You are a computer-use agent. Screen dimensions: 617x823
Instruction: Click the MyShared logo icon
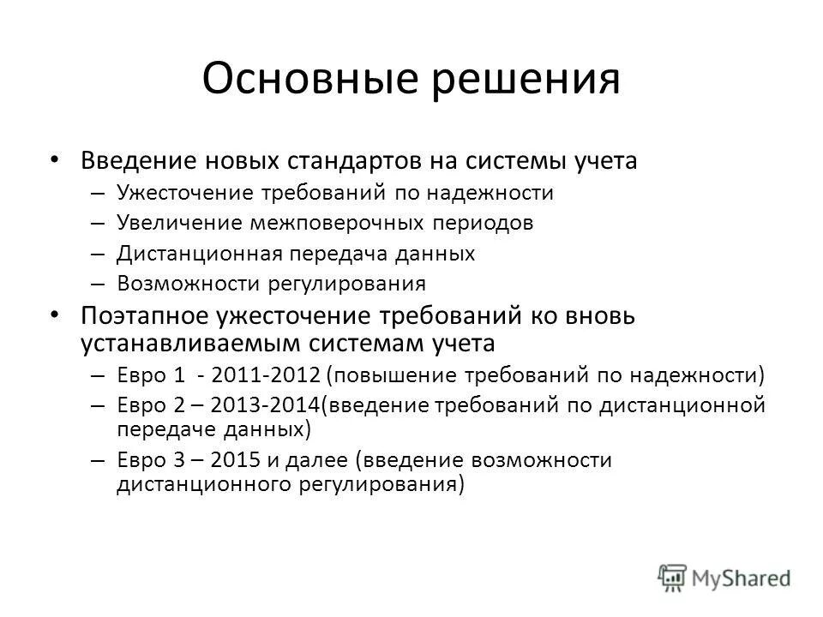point(673,577)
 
